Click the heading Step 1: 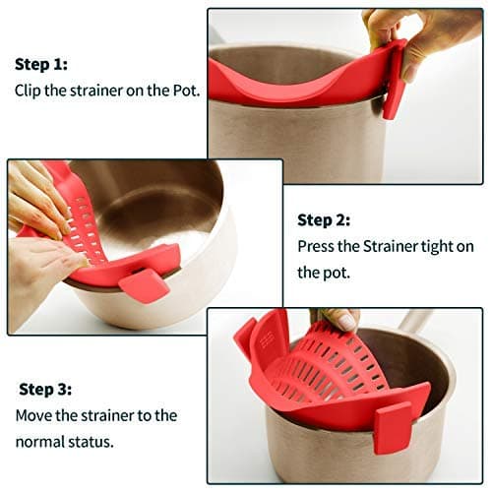[x=40, y=64]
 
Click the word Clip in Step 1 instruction [x=29, y=90]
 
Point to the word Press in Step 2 [x=317, y=246]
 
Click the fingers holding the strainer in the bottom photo [x=339, y=319]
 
